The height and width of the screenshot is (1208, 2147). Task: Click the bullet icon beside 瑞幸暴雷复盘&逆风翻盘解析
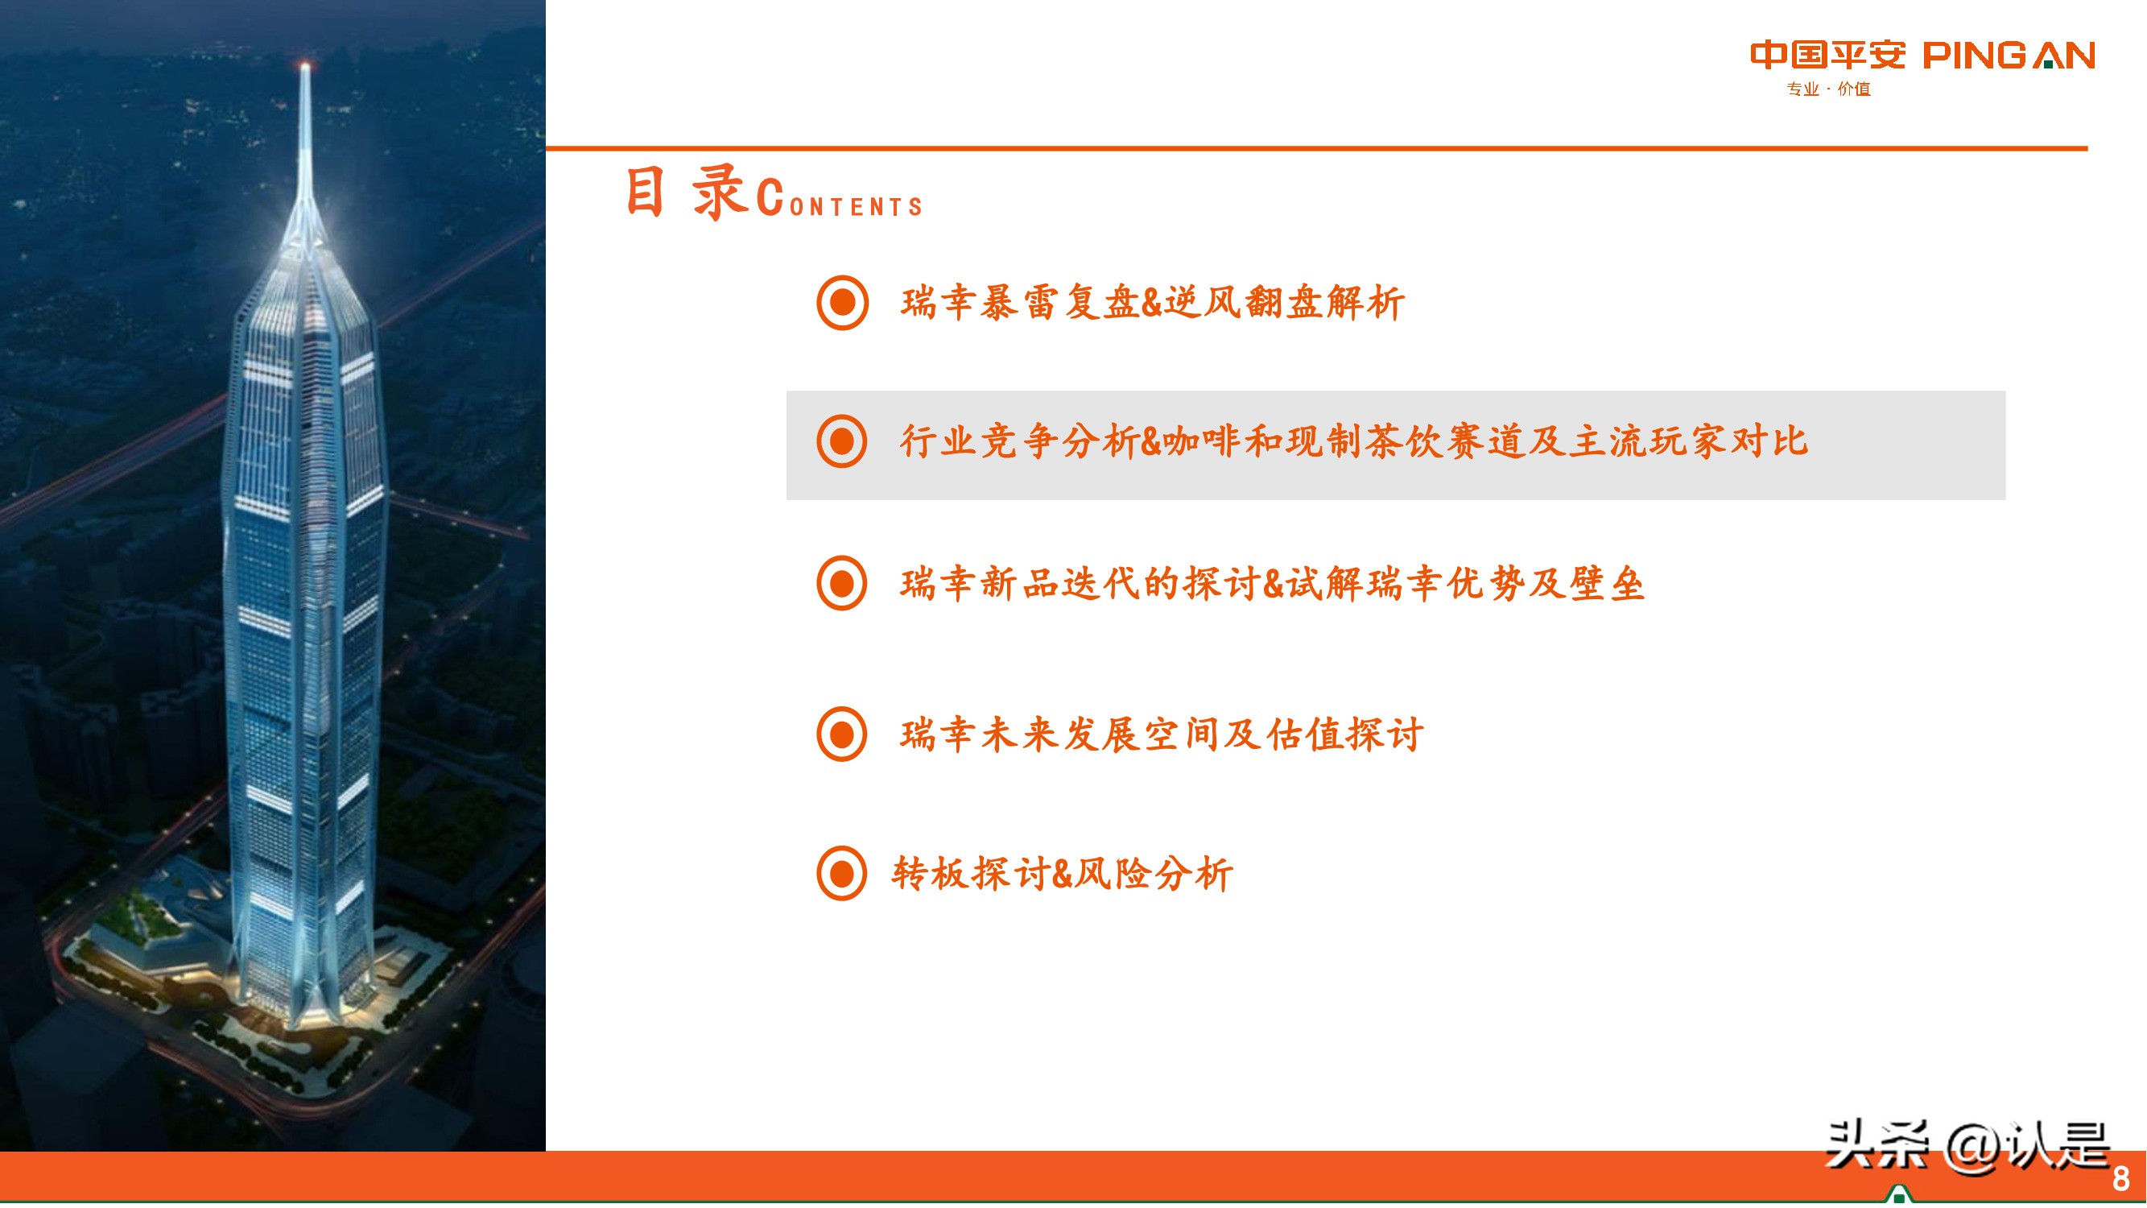(842, 303)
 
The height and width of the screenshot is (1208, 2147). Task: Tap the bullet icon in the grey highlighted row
(842, 442)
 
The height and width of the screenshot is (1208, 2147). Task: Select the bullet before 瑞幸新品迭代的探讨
(842, 584)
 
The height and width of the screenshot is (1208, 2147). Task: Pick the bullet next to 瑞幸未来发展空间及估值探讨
(842, 734)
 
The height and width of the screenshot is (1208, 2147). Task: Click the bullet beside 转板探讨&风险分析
(842, 874)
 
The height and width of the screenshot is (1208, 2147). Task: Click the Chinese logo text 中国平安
(1827, 56)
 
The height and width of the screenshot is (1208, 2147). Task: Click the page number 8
(2121, 1179)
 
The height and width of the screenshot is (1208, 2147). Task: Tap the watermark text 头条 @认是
(1967, 1146)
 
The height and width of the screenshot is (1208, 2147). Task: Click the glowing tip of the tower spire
(305, 67)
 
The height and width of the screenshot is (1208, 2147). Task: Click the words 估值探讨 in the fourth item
(1344, 735)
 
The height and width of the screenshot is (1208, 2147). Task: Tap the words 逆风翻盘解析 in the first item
(1284, 303)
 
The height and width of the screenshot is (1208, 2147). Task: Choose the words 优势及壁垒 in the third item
(1546, 584)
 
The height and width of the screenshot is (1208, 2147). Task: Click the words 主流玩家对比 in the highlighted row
(1689, 442)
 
